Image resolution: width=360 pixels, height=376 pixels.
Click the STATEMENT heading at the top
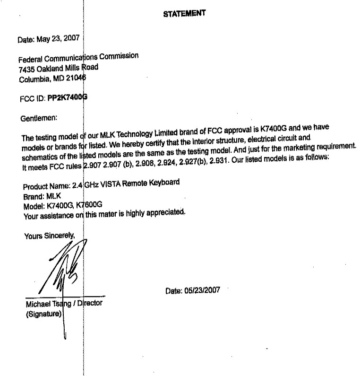184,14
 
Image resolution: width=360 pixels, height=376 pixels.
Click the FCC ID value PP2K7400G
68,98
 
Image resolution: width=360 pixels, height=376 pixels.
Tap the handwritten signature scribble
64,270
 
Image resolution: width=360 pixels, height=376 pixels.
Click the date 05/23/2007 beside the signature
192,291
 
